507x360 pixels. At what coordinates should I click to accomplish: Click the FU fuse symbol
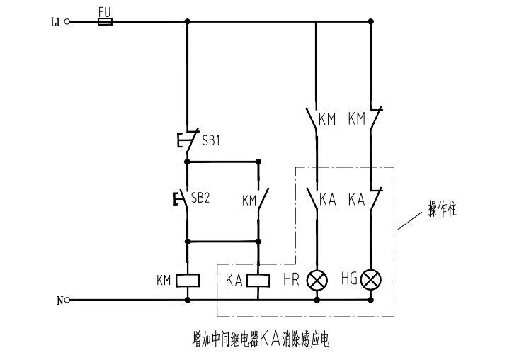(x=104, y=22)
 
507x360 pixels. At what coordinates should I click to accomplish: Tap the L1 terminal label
(x=55, y=22)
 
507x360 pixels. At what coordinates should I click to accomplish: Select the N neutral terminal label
(x=59, y=300)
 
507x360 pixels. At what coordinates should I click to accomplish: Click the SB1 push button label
(x=211, y=140)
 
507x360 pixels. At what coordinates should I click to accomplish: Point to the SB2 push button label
(x=200, y=198)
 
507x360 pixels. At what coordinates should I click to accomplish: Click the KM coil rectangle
(x=187, y=280)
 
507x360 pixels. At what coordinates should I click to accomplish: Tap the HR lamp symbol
(x=316, y=281)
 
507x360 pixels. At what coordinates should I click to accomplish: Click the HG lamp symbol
(x=370, y=281)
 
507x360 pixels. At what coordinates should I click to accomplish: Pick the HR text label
(x=291, y=281)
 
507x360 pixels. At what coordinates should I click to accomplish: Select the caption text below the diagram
(x=261, y=339)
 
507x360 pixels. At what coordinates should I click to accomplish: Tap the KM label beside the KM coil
(x=164, y=281)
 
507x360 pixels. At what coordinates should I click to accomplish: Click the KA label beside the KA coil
(x=235, y=281)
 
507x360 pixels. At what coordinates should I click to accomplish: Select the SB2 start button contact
(x=184, y=198)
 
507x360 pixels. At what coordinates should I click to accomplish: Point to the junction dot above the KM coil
(x=188, y=241)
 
